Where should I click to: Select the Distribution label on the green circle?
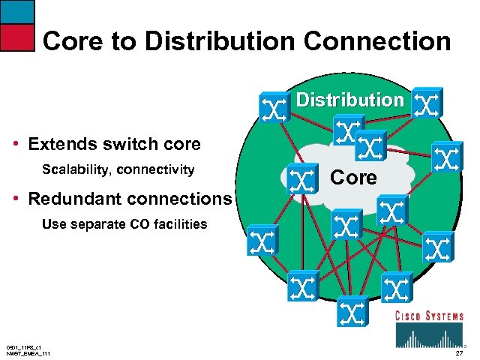coord(349,100)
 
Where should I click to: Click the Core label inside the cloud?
coord(353,178)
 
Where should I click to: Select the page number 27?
coord(459,353)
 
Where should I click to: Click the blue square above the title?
coord(17,10)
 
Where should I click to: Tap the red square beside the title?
coord(17,37)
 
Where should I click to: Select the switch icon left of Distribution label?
coord(273,106)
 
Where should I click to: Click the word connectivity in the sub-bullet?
coord(160,169)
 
